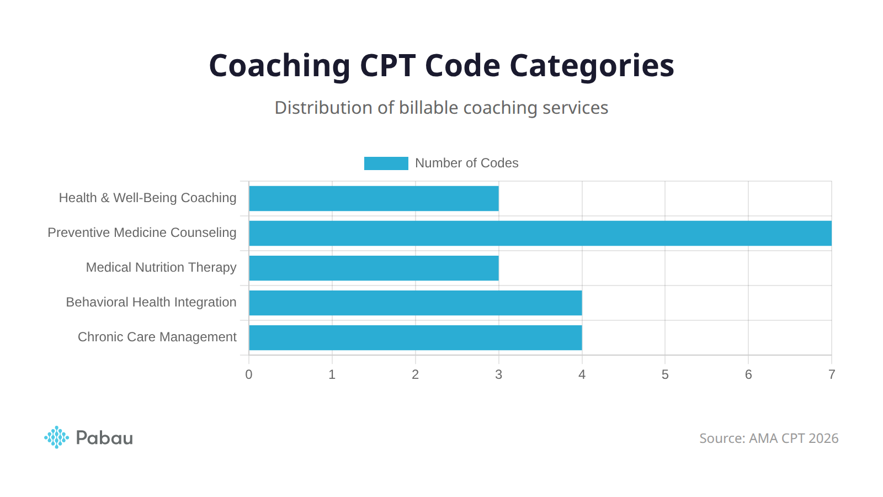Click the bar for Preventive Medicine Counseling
click(540, 233)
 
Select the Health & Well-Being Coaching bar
click(374, 198)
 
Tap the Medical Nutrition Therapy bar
click(374, 268)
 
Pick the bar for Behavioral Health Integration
click(415, 303)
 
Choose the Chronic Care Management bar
click(415, 337)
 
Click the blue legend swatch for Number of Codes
click(386, 163)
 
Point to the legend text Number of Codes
click(466, 163)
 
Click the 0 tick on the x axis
click(249, 374)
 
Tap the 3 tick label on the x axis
click(498, 374)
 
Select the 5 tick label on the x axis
click(665, 374)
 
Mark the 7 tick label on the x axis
click(831, 374)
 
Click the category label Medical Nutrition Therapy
click(161, 267)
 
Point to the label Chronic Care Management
click(157, 337)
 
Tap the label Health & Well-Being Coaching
click(147, 198)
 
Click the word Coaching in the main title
click(279, 66)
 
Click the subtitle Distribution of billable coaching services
click(441, 108)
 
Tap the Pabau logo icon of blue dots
click(56, 437)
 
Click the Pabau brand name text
click(104, 438)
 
